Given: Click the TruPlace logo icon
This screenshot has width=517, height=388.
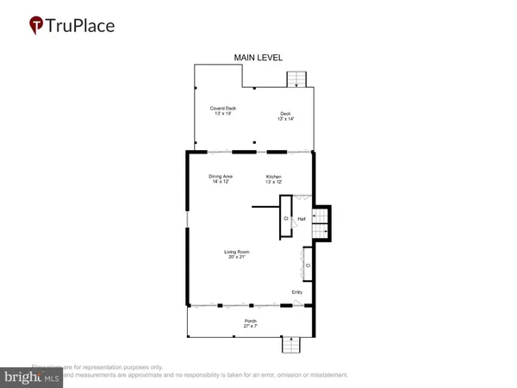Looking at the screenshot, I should point(37,25).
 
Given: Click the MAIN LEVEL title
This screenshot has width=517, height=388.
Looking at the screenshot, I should point(258,58).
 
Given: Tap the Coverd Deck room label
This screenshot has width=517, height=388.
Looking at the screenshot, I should point(224,109).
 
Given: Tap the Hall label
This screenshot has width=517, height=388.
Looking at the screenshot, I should point(302,220).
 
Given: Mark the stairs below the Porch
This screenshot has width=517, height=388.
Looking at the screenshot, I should point(290,345).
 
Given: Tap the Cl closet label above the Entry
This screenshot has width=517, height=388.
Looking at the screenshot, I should point(307,266).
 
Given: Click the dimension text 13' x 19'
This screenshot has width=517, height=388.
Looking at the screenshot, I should point(224,114).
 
